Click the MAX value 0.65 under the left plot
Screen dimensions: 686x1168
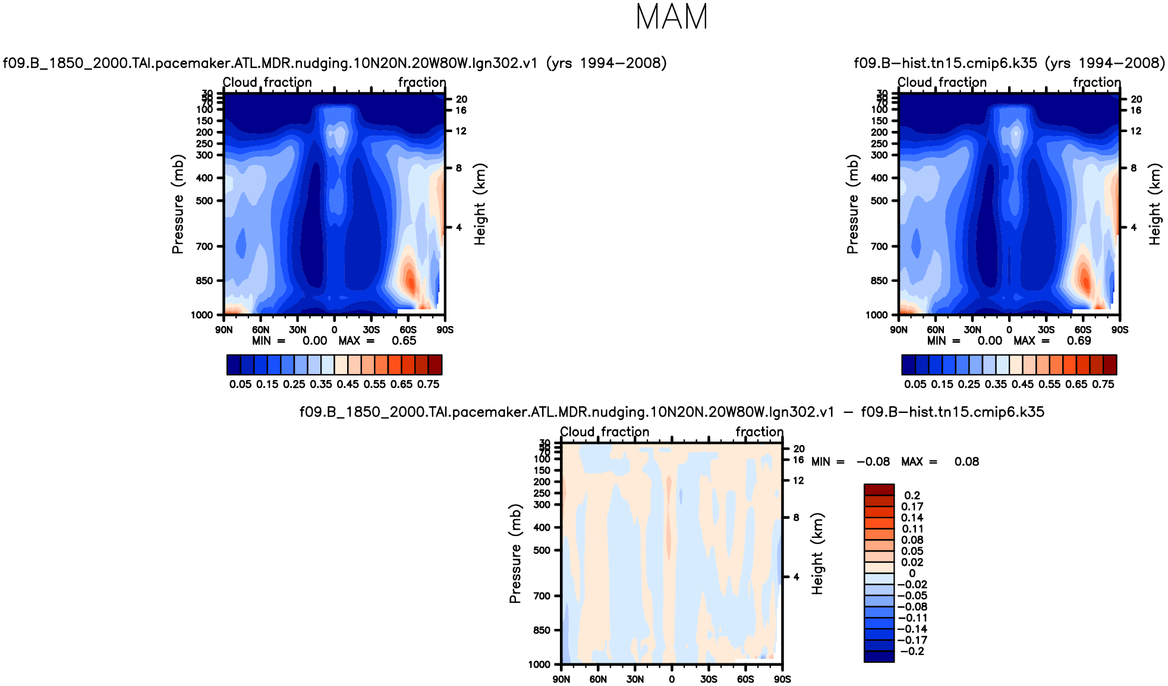pos(404,341)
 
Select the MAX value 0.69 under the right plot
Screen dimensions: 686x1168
pos(1079,341)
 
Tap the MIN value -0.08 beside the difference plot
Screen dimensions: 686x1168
pos(873,462)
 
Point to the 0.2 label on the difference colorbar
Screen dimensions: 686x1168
pos(912,495)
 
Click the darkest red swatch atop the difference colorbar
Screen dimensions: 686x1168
pos(879,490)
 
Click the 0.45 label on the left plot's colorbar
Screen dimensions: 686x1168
pos(348,384)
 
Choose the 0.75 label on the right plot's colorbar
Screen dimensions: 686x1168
pos(1103,384)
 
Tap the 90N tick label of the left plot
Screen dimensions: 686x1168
pos(223,330)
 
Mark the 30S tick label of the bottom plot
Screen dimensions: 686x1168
pos(709,679)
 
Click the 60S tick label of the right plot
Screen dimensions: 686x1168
pos(1082,330)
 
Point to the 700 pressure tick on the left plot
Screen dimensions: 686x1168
pos(204,246)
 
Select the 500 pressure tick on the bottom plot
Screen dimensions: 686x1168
pos(542,550)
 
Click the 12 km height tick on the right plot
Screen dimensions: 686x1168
pos(1136,131)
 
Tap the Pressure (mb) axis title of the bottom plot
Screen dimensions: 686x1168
pos(515,553)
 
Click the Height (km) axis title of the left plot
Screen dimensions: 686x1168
pos(480,204)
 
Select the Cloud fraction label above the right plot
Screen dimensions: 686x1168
pos(942,82)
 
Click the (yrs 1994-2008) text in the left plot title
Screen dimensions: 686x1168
pos(606,63)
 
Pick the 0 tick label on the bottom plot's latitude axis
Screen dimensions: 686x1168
pos(672,679)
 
